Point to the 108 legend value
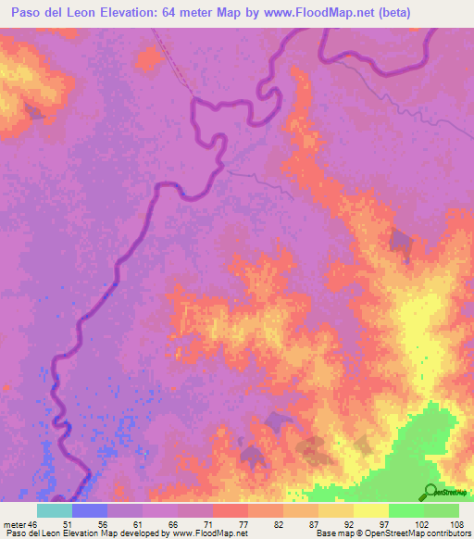point(457,523)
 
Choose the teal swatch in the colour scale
point(55,510)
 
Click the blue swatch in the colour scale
point(90,510)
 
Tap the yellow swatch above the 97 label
point(370,510)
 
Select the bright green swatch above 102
point(405,510)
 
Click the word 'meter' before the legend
point(13,523)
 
